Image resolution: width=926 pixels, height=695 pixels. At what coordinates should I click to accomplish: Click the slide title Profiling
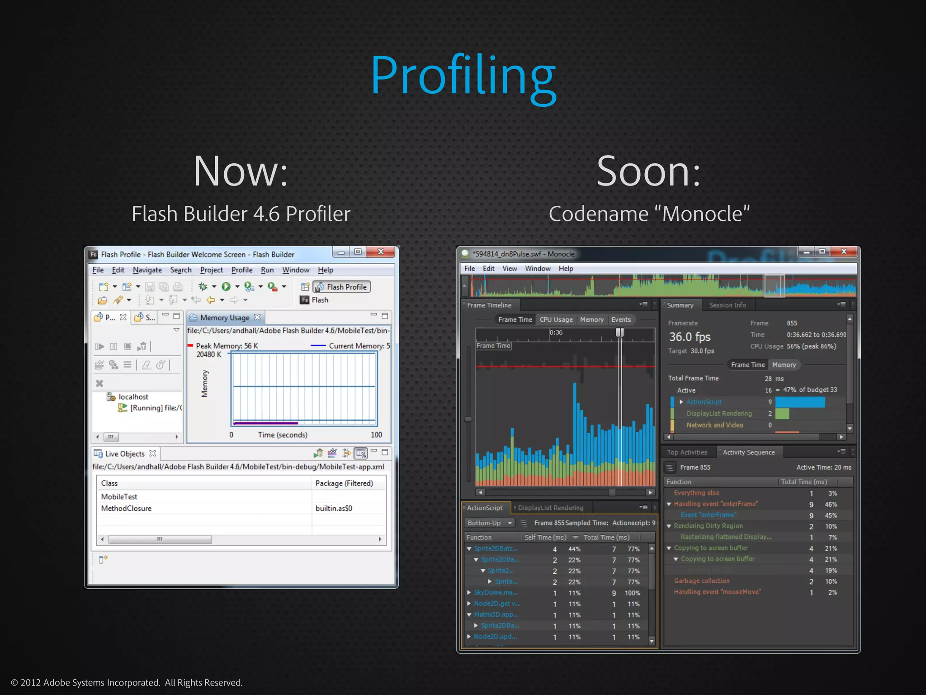[463, 76]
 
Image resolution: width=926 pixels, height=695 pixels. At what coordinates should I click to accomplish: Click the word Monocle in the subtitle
[701, 214]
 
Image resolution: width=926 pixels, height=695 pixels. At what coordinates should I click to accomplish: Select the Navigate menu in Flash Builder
[147, 270]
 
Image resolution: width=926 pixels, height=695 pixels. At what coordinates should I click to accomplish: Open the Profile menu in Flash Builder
[242, 270]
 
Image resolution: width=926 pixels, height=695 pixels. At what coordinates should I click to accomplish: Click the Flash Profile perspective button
[342, 287]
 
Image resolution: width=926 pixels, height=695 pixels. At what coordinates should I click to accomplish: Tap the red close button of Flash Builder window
[381, 252]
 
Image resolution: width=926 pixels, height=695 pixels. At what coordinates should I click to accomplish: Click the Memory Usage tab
[225, 318]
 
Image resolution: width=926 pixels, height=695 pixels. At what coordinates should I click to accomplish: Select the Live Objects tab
[125, 454]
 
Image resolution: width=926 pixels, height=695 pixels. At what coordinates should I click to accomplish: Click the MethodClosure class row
[126, 509]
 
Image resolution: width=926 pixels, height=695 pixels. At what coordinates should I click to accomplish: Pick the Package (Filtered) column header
[344, 483]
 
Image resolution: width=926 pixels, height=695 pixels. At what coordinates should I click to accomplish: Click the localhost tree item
[133, 397]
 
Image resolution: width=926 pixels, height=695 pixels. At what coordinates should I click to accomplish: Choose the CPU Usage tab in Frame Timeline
[556, 320]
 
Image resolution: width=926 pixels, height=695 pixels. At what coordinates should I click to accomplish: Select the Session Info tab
[728, 305]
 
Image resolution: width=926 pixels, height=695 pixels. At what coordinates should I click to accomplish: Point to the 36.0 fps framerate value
[690, 337]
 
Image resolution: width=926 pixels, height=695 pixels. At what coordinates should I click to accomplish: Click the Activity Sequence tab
[749, 452]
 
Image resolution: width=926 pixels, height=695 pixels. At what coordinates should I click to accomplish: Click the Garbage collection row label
[702, 581]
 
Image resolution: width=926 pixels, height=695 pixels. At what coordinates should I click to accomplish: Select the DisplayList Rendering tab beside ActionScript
[551, 508]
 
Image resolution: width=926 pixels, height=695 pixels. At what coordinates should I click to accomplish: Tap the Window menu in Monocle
[538, 269]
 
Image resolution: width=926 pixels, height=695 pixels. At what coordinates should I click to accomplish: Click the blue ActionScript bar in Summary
[800, 402]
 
